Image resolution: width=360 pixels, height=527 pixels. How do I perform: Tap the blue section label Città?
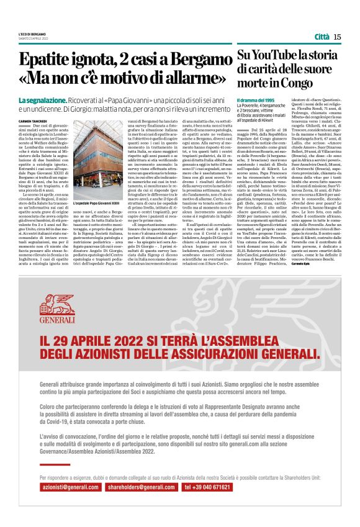click(x=322, y=37)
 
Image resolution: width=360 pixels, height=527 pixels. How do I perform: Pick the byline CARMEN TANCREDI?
click(x=33, y=120)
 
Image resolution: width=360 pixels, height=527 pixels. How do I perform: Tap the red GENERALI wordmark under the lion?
click(x=56, y=320)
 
